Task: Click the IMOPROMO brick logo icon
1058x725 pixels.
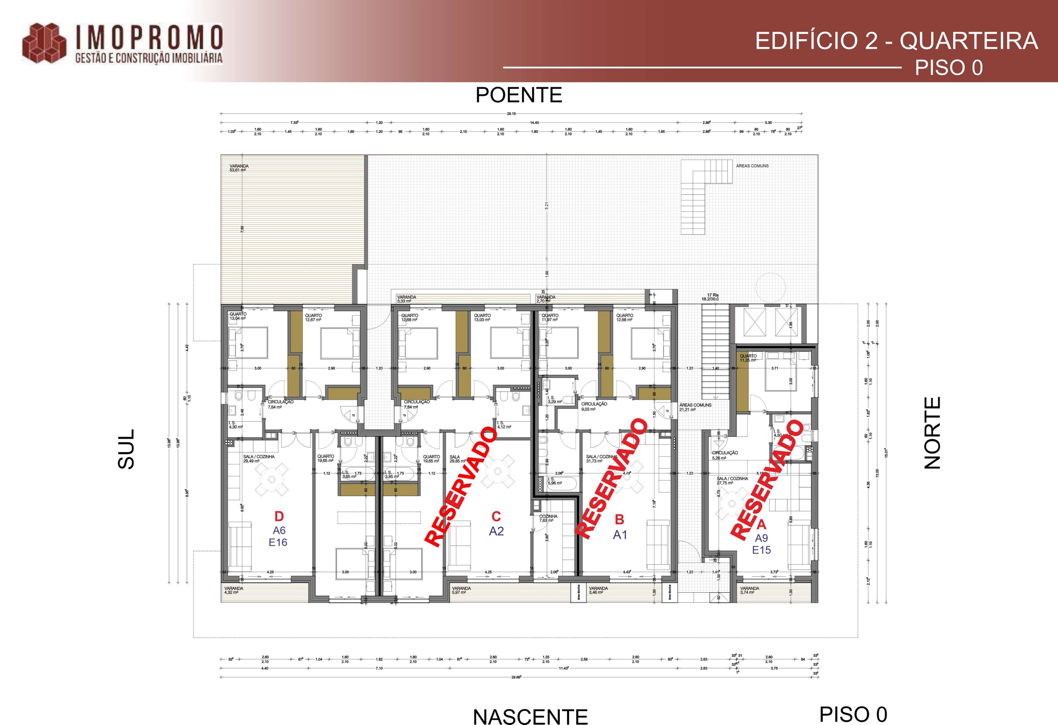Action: click(44, 43)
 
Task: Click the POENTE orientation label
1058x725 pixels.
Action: click(518, 95)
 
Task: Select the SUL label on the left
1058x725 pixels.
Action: click(126, 449)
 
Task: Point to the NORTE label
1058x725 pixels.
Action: click(933, 433)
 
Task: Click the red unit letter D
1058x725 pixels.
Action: click(279, 516)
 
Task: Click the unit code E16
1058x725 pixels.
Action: click(278, 542)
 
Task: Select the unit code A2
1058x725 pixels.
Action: click(496, 531)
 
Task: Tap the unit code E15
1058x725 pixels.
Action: click(761, 550)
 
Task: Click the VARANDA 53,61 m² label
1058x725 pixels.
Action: click(239, 168)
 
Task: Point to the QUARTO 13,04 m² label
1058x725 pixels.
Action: click(238, 316)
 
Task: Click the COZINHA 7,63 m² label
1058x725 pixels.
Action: click(548, 519)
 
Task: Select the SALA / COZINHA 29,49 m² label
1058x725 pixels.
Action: click(258, 459)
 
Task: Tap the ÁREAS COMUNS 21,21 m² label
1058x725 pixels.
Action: click(695, 407)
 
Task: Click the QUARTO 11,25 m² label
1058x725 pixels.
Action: click(748, 358)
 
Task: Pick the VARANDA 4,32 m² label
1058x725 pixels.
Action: click(233, 591)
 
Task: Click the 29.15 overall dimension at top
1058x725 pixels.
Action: click(511, 114)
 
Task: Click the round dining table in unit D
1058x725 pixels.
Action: click(271, 479)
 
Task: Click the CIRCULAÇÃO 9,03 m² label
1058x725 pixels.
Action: click(594, 406)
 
